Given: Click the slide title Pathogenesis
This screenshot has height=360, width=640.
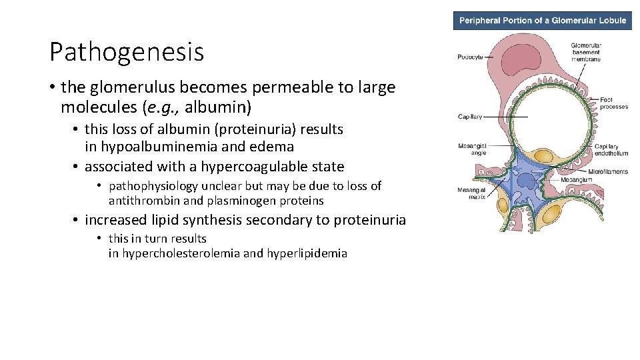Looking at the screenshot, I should (x=127, y=51).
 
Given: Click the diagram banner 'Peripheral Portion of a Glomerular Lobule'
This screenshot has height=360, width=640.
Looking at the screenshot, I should (x=542, y=20).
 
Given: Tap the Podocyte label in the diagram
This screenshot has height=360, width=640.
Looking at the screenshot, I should (x=470, y=57).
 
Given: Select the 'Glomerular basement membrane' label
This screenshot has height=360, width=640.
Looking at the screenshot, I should (x=585, y=52).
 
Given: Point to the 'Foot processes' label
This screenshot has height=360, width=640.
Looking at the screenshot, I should (x=613, y=103).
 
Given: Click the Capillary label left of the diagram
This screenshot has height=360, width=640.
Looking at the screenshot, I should (x=470, y=117).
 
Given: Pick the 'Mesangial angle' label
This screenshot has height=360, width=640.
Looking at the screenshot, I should (x=472, y=149).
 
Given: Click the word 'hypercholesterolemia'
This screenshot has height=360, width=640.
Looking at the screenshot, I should (x=180, y=253).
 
